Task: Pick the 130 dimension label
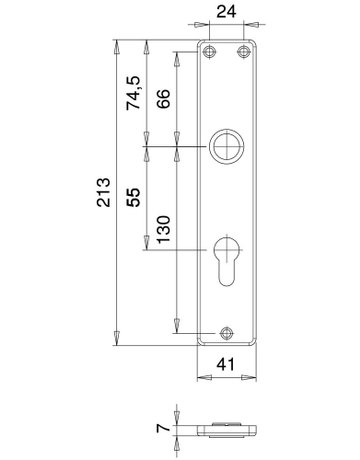(x=164, y=232)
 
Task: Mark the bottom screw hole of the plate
(x=226, y=334)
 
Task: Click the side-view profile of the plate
(x=226, y=431)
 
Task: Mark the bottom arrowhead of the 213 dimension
(x=117, y=340)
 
